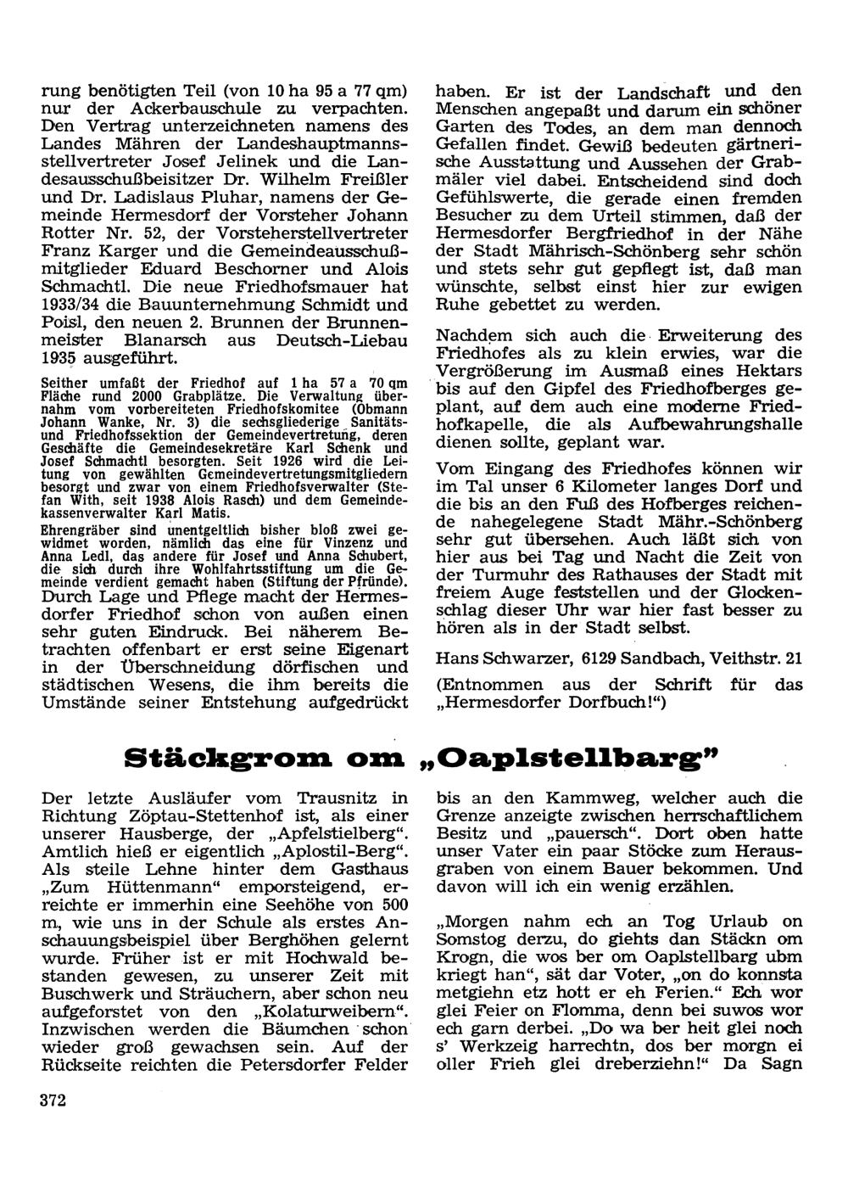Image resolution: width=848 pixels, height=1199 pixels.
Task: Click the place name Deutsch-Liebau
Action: tap(345, 339)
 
